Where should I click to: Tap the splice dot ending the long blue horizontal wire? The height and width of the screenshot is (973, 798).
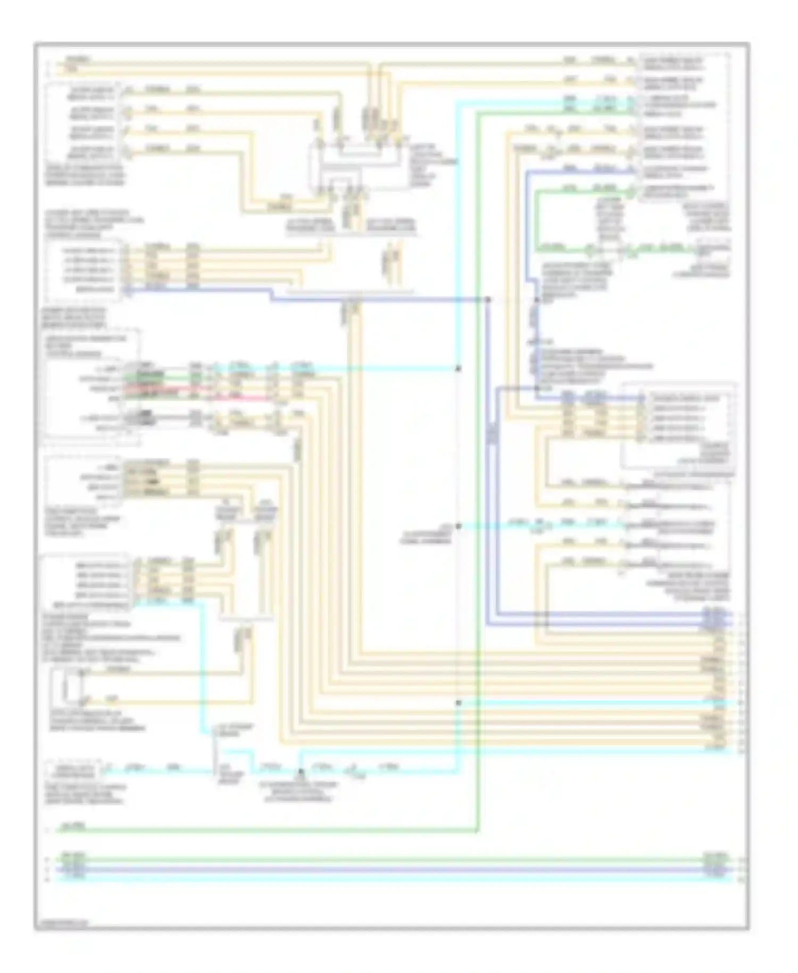[x=487, y=300]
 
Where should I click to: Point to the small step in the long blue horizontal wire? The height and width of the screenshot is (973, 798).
[x=272, y=295]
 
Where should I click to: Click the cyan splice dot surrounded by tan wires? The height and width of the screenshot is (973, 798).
[x=459, y=703]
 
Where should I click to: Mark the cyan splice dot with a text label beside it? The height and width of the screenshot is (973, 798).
[x=459, y=526]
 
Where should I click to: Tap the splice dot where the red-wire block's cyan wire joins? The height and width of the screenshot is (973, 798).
[x=459, y=368]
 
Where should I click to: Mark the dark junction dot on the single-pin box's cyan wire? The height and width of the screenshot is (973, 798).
[x=301, y=771]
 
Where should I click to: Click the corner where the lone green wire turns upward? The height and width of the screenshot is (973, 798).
[x=477, y=830]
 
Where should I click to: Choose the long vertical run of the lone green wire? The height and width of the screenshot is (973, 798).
[x=478, y=479]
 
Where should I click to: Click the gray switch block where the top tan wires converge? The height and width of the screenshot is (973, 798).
[x=354, y=165]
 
